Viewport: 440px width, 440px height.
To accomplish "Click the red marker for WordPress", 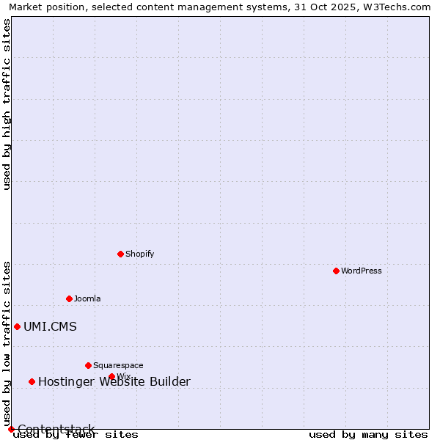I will click(336, 271).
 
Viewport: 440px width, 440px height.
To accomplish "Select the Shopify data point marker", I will click(120, 254).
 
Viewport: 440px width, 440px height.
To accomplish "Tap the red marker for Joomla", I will click(69, 298).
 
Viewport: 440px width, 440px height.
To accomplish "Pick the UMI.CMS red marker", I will click(17, 326).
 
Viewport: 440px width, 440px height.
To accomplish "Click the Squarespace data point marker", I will click(88, 365).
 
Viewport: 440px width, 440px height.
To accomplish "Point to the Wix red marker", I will click(111, 376).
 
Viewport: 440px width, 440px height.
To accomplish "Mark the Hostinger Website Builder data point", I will click(32, 381).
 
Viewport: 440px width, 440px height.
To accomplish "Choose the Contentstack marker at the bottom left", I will click(11, 429).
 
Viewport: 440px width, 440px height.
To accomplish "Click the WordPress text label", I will click(361, 271).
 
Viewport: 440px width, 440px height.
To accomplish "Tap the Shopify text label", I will click(139, 254).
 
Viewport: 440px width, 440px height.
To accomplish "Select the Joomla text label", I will click(87, 298).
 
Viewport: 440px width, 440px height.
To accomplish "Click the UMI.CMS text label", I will click(50, 327).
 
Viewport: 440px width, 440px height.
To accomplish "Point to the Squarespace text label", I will click(118, 365).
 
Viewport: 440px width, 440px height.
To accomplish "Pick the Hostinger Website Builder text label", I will click(114, 381).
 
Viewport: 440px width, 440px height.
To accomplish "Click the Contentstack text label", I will click(56, 429).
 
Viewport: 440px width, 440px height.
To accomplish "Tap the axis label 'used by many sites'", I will click(368, 435).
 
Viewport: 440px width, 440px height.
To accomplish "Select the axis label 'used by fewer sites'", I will click(76, 435).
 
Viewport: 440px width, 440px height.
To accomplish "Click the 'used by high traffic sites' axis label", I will click(7, 104).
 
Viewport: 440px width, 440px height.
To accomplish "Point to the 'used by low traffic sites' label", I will click(7, 343).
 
